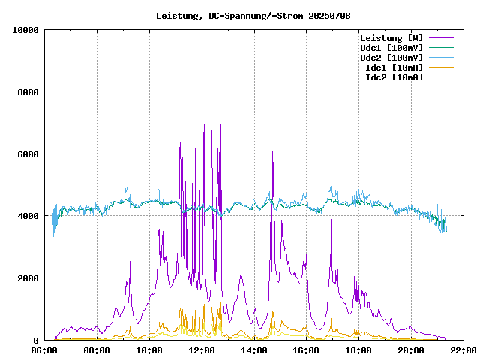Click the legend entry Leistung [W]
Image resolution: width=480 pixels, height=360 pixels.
tap(391, 38)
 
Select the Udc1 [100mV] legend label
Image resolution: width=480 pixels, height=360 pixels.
tap(391, 48)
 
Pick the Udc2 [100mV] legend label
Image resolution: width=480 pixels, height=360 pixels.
tap(391, 58)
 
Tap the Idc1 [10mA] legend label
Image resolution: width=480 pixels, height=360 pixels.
tap(394, 67)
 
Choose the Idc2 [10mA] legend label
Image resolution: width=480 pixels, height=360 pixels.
tap(394, 77)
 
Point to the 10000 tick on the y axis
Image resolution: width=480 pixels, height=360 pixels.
tap(25, 30)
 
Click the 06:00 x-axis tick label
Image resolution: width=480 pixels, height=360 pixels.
tap(45, 350)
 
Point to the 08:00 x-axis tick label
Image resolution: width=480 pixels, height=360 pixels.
tap(97, 350)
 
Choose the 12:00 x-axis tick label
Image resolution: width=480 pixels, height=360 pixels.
tap(202, 350)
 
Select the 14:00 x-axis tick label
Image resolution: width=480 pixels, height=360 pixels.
tap(254, 350)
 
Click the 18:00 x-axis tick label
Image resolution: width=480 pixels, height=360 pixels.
tap(358, 350)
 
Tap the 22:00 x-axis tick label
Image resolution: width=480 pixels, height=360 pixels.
tap(463, 350)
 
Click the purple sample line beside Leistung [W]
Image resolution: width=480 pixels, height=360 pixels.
tap(441, 38)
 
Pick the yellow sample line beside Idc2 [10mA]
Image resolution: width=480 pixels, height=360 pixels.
tap(441, 77)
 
